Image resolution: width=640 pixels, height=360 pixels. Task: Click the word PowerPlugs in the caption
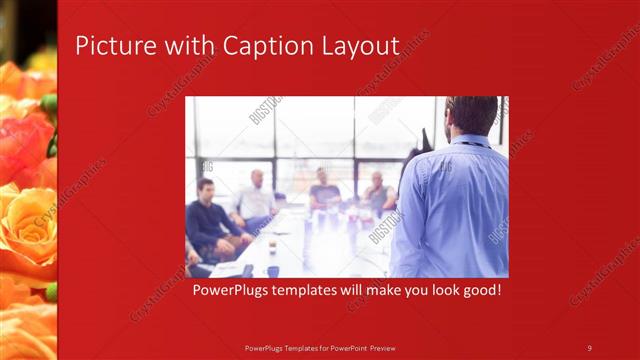(x=231, y=291)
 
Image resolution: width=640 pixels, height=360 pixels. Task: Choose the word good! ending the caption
(x=479, y=291)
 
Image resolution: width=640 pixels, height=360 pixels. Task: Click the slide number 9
(x=590, y=347)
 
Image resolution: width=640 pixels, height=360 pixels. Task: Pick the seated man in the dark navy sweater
(x=208, y=218)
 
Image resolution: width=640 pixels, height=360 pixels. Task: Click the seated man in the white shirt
(x=256, y=200)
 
